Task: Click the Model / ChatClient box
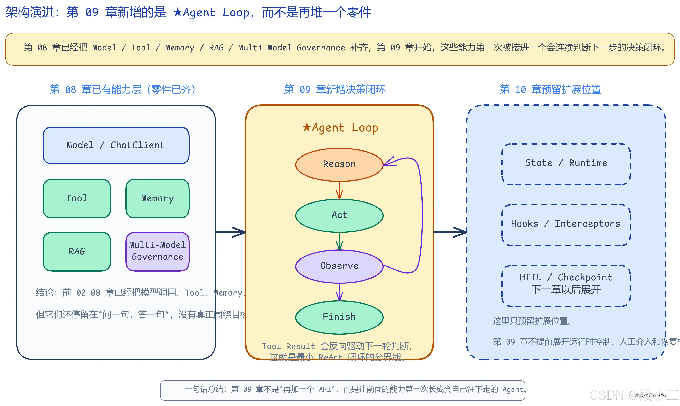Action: (116, 145)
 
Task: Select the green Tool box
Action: (77, 198)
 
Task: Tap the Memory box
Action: (157, 198)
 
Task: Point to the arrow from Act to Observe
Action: (339, 241)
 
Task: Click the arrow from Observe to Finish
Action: (339, 292)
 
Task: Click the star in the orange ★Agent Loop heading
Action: (307, 127)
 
